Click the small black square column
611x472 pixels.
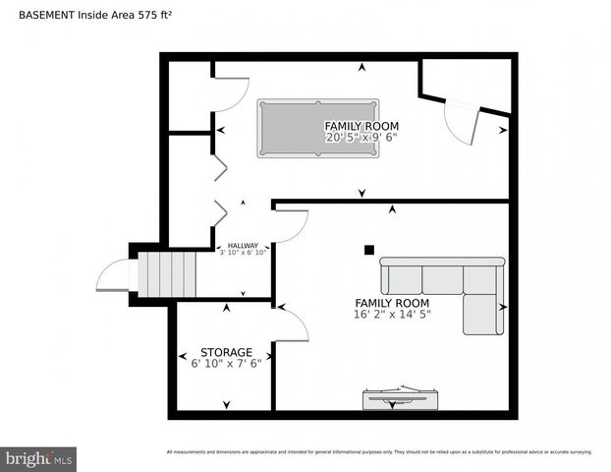pos(369,250)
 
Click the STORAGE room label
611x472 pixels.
pos(226,352)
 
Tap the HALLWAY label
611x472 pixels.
pos(243,246)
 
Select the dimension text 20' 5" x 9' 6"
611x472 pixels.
pos(361,139)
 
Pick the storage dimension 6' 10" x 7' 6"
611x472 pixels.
pos(226,364)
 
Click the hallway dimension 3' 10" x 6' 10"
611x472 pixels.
pos(243,254)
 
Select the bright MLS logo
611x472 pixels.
pos(39,458)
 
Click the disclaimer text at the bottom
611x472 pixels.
pos(379,452)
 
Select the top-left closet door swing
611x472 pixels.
pos(229,94)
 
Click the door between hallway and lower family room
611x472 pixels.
pos(291,226)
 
